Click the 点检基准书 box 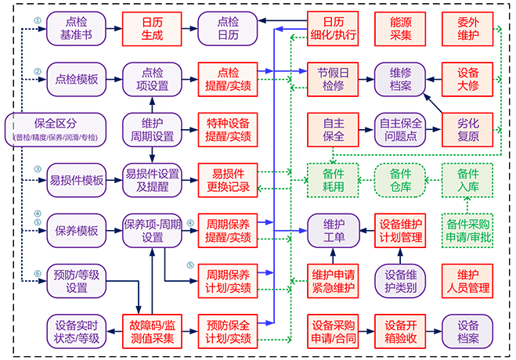point(76,28)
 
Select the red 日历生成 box point(152,28)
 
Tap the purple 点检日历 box point(228,28)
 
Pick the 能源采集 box point(399,28)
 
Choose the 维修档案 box point(399,79)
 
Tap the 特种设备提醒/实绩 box point(228,129)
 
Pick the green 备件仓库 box point(399,180)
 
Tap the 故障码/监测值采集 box point(152,331)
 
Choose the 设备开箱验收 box point(399,331)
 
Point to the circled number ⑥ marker point(37,273)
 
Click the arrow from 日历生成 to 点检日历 point(189,28)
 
